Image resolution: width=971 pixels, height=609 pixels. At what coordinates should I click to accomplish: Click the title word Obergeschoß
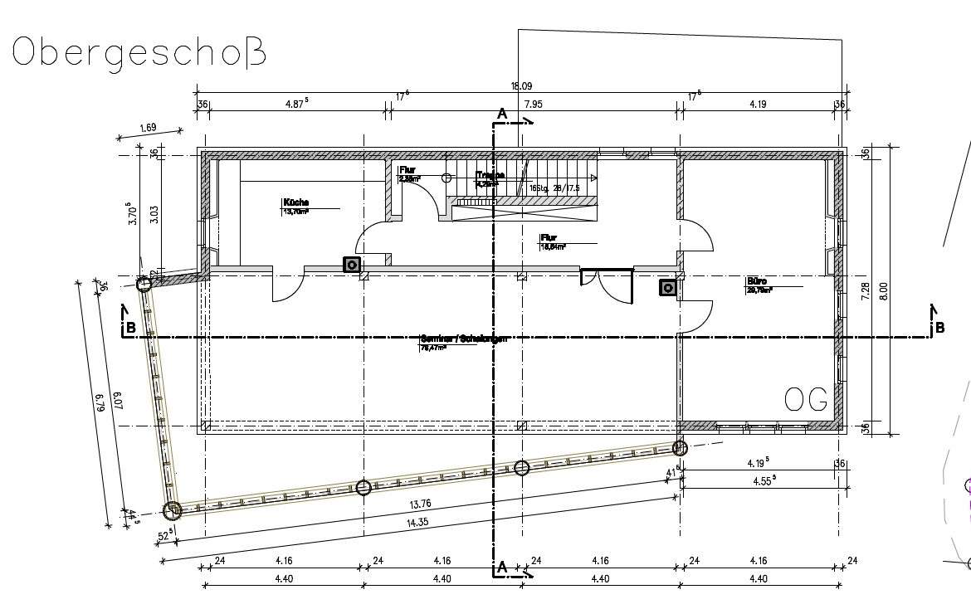139,51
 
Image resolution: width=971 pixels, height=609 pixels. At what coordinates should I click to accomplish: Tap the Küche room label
296,202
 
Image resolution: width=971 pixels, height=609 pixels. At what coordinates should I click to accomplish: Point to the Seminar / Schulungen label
463,339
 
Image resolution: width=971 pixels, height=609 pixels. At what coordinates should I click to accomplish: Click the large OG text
806,401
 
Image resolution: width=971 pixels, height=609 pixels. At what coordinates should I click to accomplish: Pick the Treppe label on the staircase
490,176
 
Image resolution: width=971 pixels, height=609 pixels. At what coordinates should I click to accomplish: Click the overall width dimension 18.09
521,86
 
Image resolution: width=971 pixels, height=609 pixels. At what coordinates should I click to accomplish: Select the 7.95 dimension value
534,105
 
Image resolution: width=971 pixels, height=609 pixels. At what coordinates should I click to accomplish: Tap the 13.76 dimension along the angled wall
420,504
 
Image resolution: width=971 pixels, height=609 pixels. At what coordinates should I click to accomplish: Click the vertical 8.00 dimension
883,290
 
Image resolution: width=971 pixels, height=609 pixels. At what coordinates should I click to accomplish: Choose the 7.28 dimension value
865,290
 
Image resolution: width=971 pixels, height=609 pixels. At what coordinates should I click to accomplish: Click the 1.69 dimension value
148,128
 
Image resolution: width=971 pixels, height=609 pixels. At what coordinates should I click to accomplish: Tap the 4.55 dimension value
764,480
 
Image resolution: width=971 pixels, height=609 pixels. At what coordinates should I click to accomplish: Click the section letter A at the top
501,113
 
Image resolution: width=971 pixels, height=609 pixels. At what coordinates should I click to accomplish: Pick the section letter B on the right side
939,328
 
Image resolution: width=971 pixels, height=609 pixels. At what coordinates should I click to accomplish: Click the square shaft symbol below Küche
352,265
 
